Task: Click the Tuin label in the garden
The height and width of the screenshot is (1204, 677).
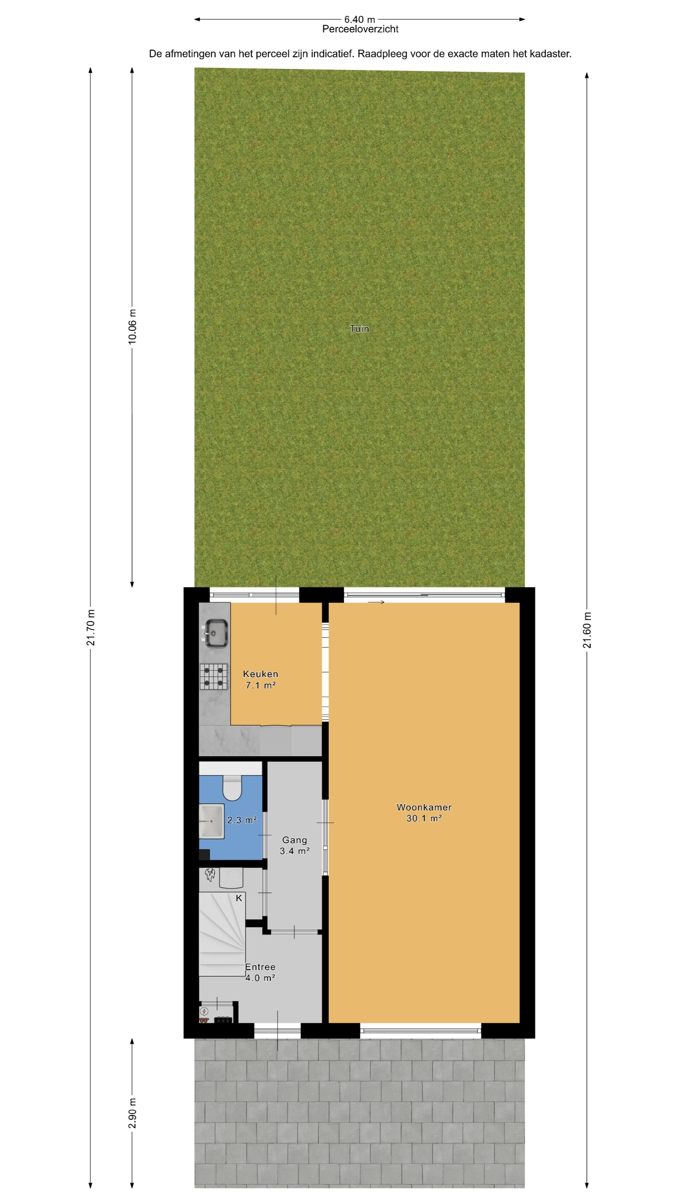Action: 359,329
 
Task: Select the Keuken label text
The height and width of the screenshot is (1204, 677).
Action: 260,673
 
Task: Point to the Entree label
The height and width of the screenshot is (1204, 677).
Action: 260,967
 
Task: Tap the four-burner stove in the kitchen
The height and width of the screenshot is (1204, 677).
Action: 214,676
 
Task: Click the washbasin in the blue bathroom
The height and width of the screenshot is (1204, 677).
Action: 211,821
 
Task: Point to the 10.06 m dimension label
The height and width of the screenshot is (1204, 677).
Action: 132,326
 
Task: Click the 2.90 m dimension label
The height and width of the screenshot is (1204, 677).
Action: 132,1112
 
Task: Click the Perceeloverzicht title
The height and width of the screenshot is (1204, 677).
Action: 360,29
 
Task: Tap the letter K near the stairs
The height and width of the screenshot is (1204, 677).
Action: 239,898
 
